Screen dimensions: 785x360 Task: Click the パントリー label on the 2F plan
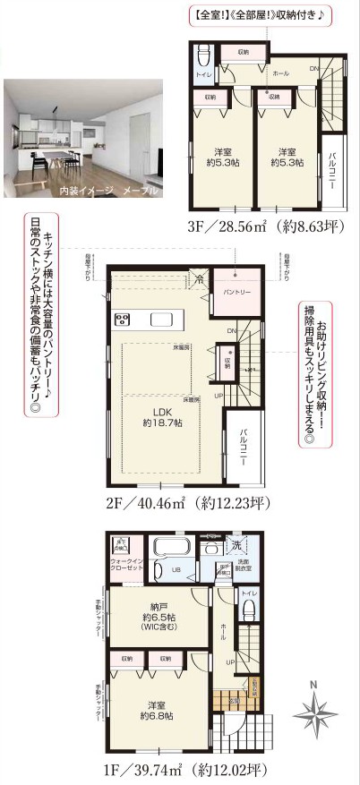point(236,293)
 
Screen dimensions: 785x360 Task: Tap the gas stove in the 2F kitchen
point(123,320)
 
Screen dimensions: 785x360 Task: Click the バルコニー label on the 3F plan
point(333,165)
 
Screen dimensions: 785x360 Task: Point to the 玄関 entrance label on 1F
point(233,701)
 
